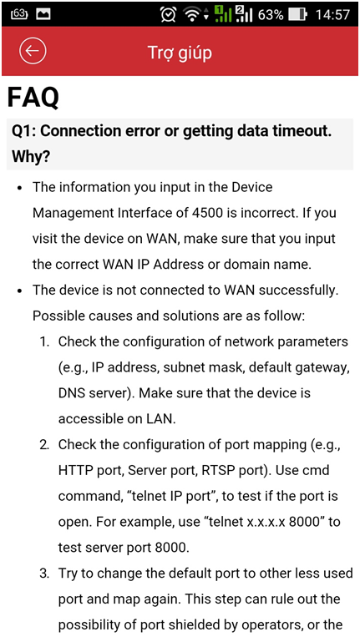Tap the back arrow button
[x=33, y=51]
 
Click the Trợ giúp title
[x=180, y=53]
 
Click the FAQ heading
[x=33, y=98]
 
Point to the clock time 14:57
[x=332, y=15]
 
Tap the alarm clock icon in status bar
[x=168, y=15]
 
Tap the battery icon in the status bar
[x=297, y=15]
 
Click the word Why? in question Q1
[x=31, y=156]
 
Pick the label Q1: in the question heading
[x=23, y=131]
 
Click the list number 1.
[x=44, y=341]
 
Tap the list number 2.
[x=44, y=444]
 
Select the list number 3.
[x=44, y=574]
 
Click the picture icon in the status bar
[x=43, y=14]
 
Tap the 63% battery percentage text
[x=270, y=15]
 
